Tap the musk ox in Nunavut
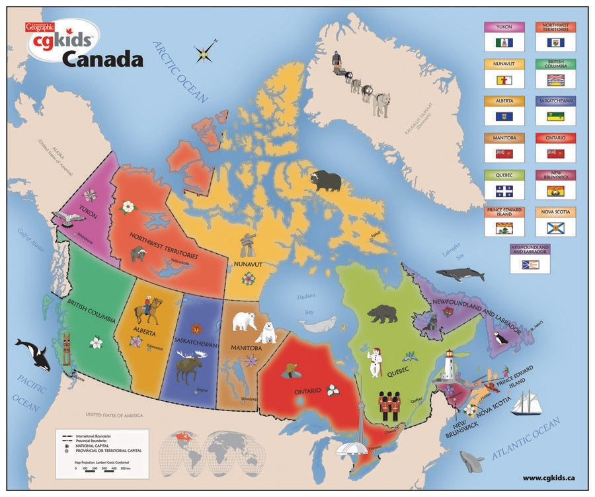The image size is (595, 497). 326,180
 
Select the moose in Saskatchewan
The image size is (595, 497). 192,367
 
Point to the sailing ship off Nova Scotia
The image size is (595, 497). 526,402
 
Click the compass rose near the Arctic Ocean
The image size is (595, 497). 206,52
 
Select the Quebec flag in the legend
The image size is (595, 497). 504,191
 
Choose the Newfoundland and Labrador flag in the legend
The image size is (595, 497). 530,265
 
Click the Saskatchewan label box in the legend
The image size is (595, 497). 555,102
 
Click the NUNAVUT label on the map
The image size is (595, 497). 247,264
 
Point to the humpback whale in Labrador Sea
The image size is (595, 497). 459,273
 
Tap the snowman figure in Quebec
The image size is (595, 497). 376,362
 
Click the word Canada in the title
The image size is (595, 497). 102,60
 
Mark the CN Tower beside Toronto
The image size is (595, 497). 360,423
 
